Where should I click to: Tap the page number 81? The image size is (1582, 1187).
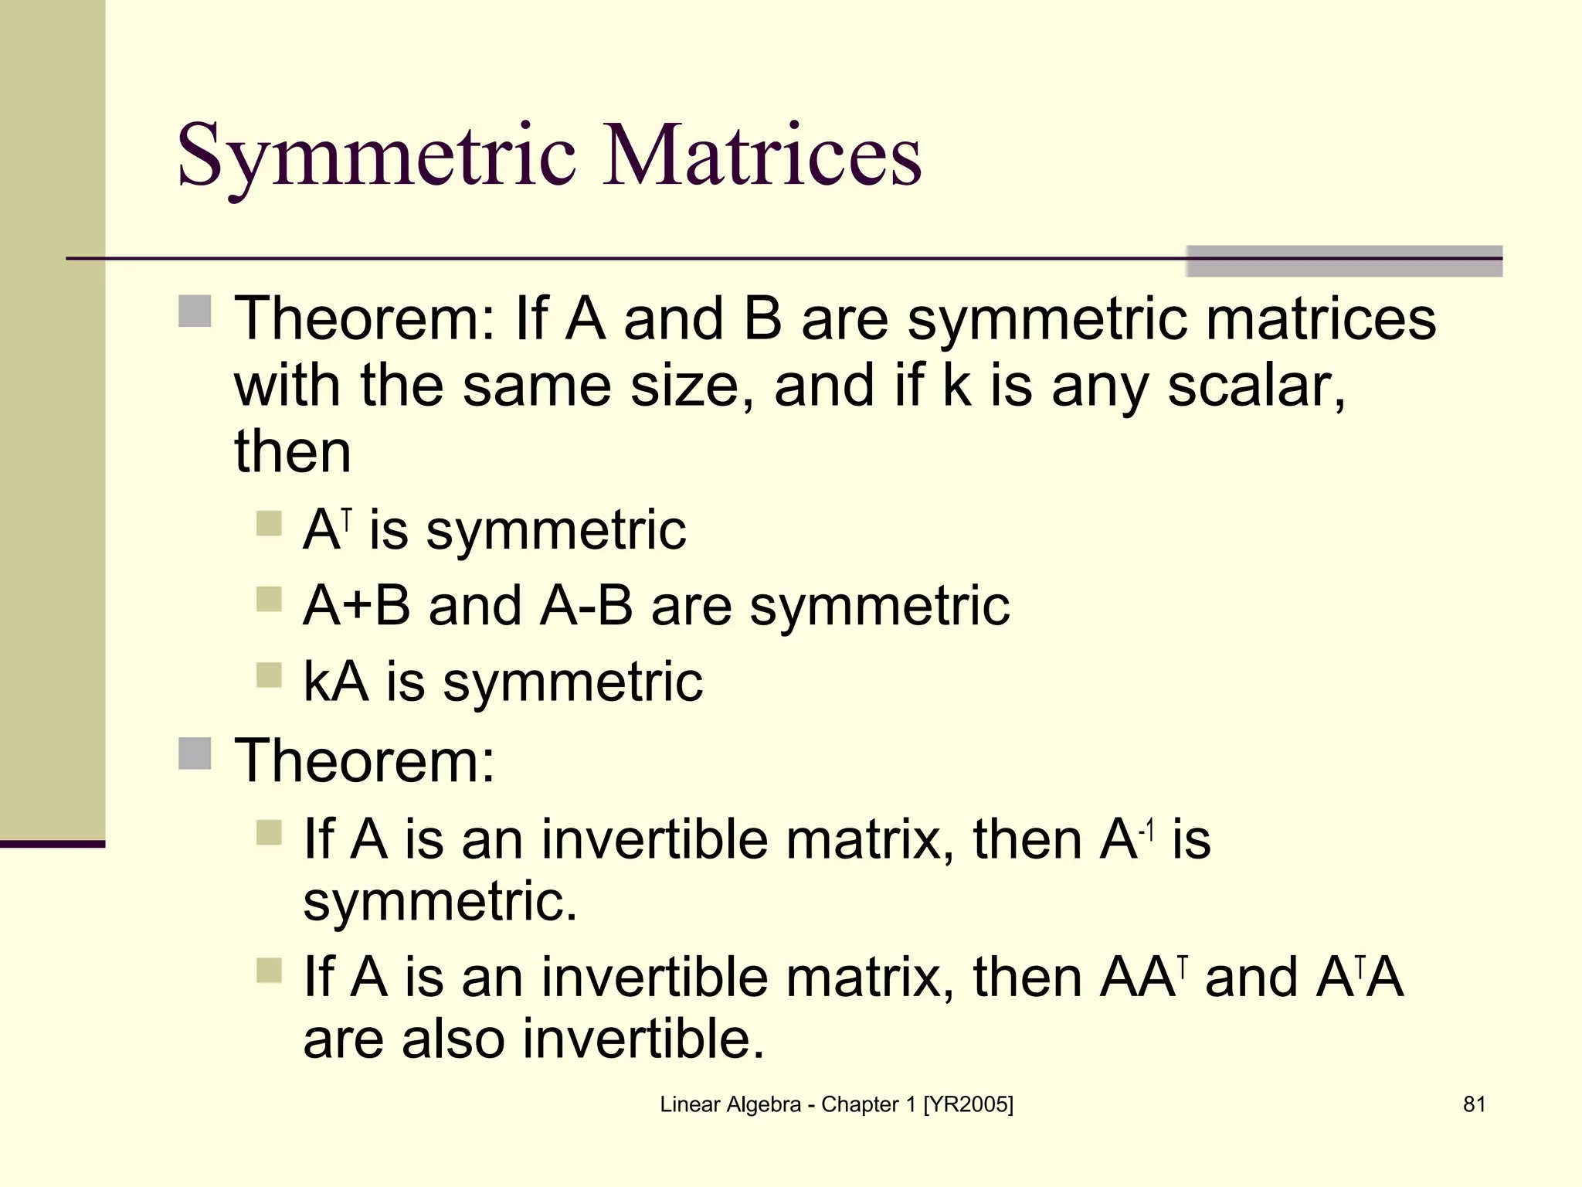point(1474,1104)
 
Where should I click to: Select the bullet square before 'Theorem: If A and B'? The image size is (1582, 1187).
point(195,311)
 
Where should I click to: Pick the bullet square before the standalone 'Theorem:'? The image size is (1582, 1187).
point(195,753)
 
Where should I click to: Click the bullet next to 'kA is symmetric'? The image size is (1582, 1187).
point(269,675)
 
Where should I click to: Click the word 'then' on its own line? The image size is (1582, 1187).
point(293,451)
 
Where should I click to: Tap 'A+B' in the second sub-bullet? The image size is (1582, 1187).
point(356,605)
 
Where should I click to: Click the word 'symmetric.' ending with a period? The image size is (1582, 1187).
point(440,901)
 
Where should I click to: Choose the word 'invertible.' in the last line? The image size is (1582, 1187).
point(643,1039)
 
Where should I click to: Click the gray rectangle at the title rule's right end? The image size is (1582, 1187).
point(1344,261)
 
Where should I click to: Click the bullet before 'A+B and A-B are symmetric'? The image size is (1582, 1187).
point(269,599)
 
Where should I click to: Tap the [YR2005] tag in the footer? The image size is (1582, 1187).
point(968,1104)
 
